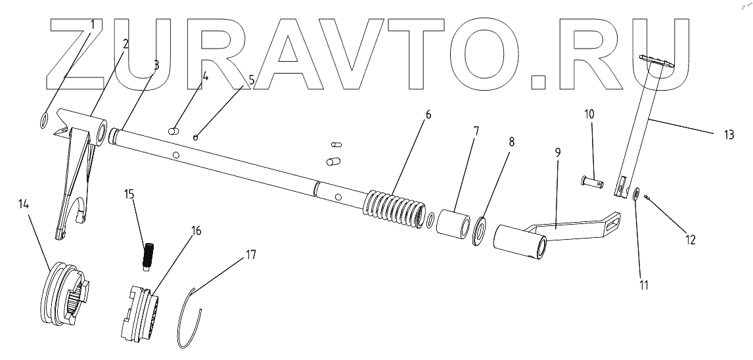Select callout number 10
tap(589, 114)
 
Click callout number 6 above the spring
tap(428, 114)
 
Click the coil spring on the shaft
tap(393, 210)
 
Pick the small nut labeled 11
tap(637, 194)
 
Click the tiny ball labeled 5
tap(195, 137)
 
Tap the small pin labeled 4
tap(174, 130)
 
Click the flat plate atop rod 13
tap(657, 62)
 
